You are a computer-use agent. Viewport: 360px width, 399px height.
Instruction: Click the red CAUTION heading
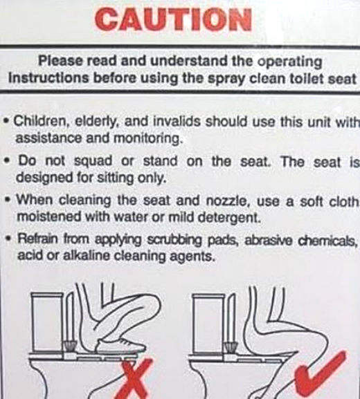[x=174, y=19]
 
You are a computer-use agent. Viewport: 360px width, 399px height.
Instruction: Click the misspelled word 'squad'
[x=93, y=161]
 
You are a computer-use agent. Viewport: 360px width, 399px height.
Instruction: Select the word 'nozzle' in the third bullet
[x=226, y=201]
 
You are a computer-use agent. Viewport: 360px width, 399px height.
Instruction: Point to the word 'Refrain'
[x=37, y=239]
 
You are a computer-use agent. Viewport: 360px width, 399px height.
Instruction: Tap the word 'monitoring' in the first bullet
[x=148, y=138]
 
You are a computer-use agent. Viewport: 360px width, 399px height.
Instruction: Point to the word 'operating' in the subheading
[x=289, y=62]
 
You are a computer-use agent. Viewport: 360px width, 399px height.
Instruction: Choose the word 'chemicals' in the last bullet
[x=327, y=240]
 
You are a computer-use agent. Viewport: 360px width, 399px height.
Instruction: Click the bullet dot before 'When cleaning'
[x=9, y=199]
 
